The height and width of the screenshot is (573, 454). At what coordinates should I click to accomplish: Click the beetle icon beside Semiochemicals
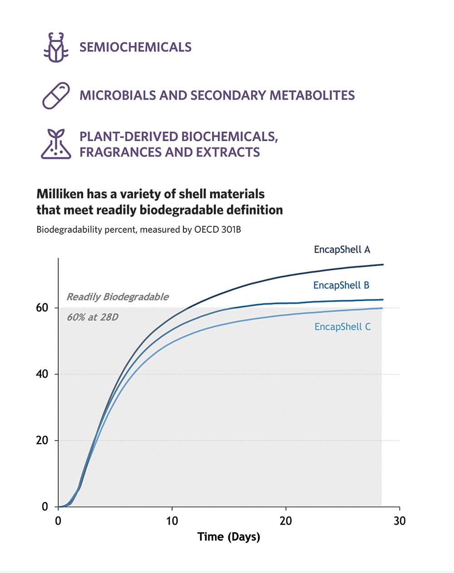click(x=56, y=47)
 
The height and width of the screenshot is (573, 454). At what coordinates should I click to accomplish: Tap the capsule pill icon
click(x=56, y=96)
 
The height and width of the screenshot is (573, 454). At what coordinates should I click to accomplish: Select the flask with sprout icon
click(x=56, y=144)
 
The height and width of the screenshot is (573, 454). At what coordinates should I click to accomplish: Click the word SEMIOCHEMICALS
click(x=135, y=47)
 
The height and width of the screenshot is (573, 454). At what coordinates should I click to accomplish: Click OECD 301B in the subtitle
click(x=217, y=230)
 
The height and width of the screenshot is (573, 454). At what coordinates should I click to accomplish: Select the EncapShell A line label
click(x=342, y=250)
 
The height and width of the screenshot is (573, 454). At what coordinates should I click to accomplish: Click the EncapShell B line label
click(x=341, y=285)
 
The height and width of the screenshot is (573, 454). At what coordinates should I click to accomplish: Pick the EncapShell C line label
click(x=342, y=327)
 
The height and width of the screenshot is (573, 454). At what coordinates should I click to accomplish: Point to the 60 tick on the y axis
click(x=42, y=308)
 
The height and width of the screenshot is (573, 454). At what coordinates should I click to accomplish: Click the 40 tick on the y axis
click(x=42, y=374)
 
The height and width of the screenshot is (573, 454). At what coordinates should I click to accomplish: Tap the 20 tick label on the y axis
click(x=42, y=441)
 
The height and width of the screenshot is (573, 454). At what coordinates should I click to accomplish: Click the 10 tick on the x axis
click(x=172, y=521)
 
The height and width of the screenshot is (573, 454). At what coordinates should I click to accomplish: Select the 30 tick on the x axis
click(x=400, y=521)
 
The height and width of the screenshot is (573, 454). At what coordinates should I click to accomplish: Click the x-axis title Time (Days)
click(x=229, y=537)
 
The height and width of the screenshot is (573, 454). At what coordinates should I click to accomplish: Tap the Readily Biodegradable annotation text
click(x=118, y=297)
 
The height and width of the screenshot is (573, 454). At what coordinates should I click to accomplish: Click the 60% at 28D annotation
click(x=93, y=317)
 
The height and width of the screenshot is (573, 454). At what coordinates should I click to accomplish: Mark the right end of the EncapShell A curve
click(x=383, y=264)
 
